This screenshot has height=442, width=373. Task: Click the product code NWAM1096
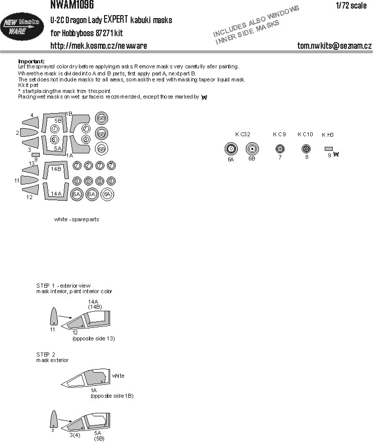[72, 6]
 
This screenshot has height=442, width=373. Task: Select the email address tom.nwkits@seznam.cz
[334, 46]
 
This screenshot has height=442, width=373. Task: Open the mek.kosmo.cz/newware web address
[99, 46]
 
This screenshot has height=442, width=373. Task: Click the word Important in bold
[31, 61]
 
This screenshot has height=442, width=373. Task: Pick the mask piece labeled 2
[32, 133]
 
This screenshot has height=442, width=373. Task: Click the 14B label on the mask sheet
[55, 169]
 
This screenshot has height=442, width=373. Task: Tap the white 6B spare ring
[101, 149]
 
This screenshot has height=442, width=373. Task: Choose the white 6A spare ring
[107, 195]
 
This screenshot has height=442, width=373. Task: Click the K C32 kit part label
[242, 134]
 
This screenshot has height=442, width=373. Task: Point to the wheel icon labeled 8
[305, 149]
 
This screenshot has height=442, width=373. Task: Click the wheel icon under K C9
[280, 149]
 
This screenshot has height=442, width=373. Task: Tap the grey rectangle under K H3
[328, 149]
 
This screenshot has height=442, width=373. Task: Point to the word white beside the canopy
[118, 376]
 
